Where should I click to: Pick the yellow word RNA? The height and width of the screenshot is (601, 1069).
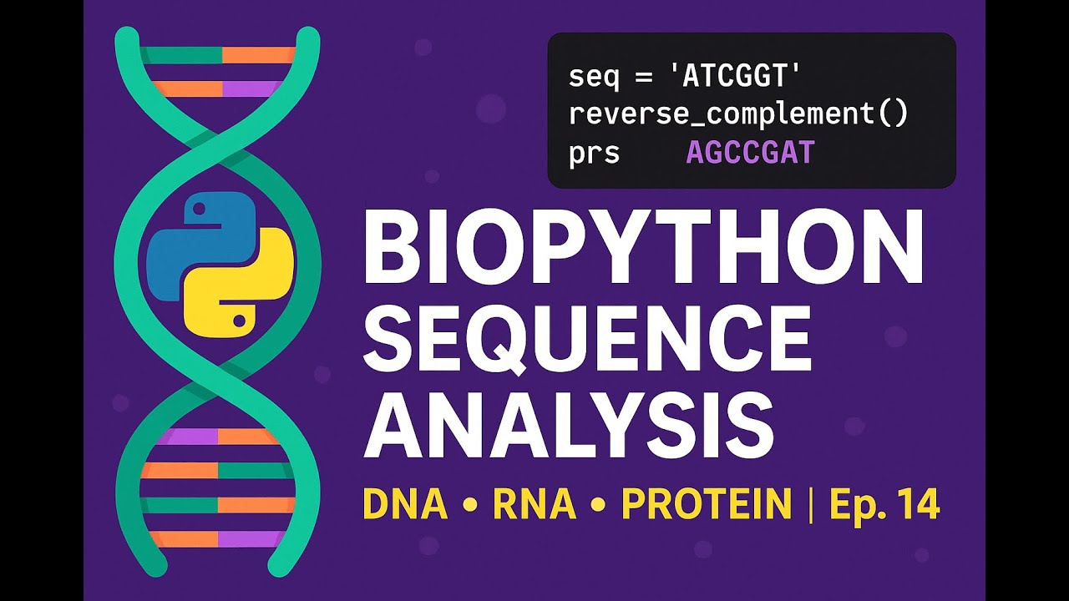coord(534,504)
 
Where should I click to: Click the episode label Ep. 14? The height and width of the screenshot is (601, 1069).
coord(884,504)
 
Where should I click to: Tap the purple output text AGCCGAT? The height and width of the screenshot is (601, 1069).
coord(750,153)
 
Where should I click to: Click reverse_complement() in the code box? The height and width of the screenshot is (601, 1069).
coord(738,115)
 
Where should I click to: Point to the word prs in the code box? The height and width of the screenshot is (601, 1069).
coord(594,154)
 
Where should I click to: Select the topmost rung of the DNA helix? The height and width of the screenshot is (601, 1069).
coord(220,56)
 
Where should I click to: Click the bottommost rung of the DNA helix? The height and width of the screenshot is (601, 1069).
coord(218,539)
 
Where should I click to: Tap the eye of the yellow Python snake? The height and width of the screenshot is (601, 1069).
coord(240,317)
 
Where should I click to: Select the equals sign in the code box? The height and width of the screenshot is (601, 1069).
coord(641,78)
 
